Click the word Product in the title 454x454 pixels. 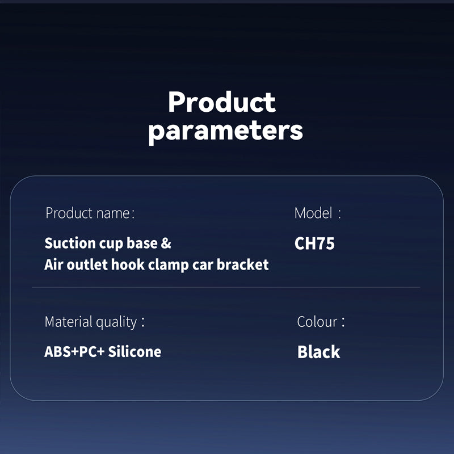click(x=222, y=102)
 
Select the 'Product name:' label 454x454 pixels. click(x=90, y=213)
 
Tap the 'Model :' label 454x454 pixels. click(x=318, y=213)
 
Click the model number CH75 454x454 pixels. click(x=314, y=243)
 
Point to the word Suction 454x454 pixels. click(x=70, y=243)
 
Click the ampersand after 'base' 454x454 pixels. click(x=166, y=243)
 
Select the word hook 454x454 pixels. click(x=128, y=264)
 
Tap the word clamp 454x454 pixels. click(x=168, y=265)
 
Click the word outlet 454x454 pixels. click(x=87, y=264)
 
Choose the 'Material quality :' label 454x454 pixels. click(x=95, y=322)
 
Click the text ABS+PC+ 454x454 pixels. click(x=74, y=352)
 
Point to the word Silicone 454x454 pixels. click(x=134, y=352)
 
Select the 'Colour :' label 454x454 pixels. click(x=321, y=322)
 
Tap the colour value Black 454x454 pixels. click(x=319, y=352)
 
